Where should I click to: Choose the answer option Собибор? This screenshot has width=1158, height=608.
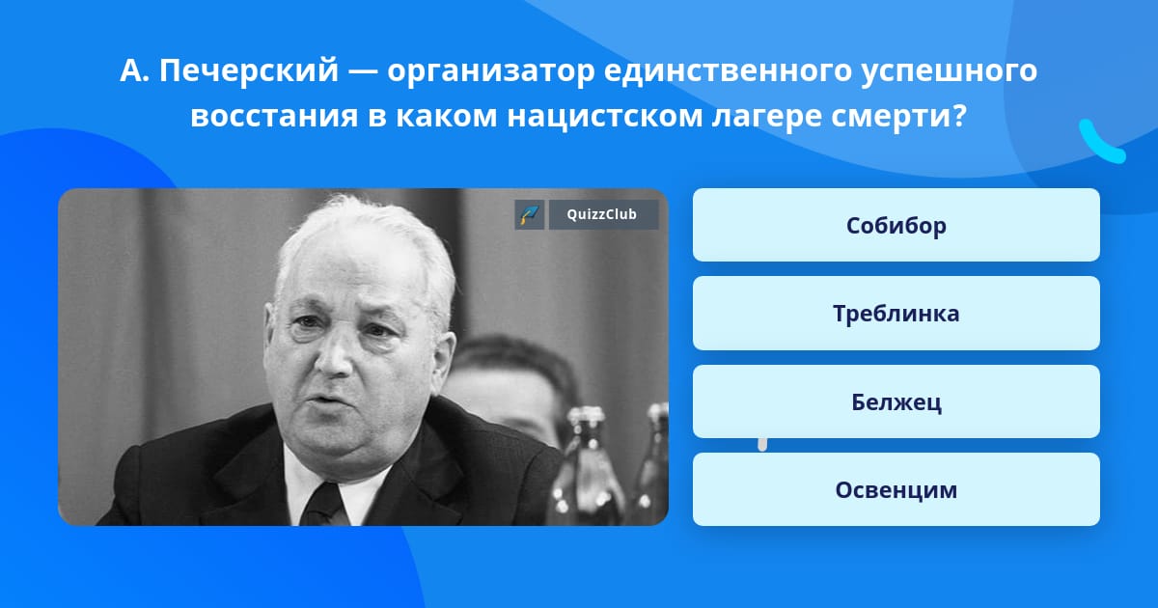(896, 225)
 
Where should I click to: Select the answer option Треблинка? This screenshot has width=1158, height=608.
(896, 313)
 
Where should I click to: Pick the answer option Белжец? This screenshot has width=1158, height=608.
(896, 401)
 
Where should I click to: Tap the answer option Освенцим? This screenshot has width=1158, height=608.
(896, 489)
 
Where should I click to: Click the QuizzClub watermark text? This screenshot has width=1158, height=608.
(603, 214)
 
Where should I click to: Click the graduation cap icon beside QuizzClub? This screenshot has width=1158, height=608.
(530, 214)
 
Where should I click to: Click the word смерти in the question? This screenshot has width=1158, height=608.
(899, 116)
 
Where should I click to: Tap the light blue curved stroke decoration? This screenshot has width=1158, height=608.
(1101, 142)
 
